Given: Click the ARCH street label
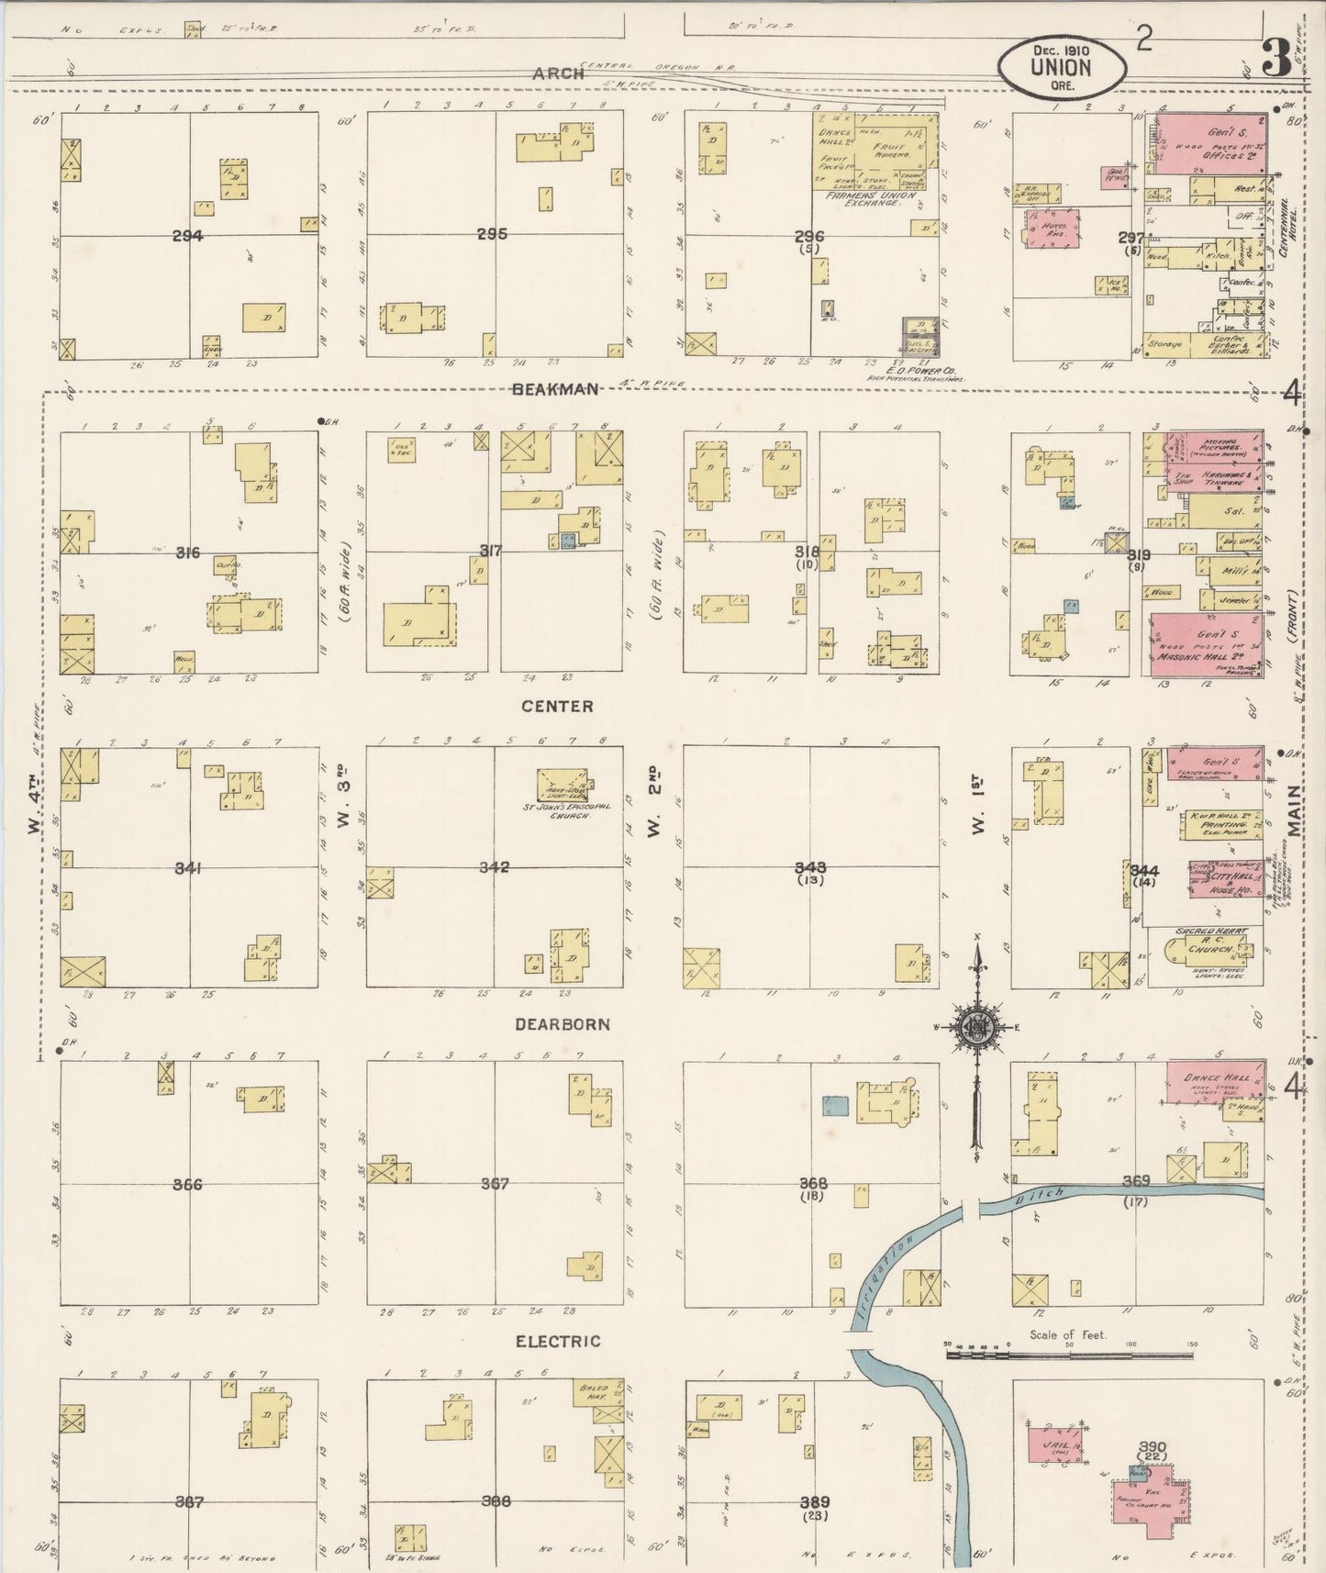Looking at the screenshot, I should [x=558, y=73].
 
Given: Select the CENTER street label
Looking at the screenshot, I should [x=557, y=706].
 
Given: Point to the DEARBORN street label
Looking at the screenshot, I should [x=563, y=1024].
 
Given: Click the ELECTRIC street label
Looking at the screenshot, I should [x=558, y=1341].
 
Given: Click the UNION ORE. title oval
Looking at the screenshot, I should [x=1062, y=67].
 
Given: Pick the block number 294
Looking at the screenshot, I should [x=188, y=236].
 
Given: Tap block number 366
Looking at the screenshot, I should [x=188, y=1184].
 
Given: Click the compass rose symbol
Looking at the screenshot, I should [x=976, y=1029].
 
